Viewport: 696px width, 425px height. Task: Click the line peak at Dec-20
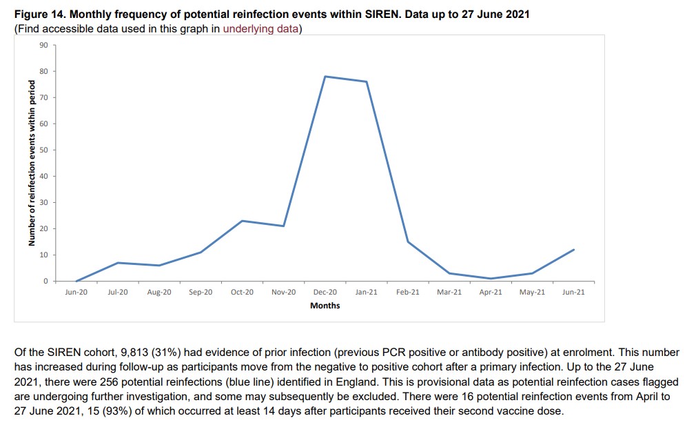pos(325,77)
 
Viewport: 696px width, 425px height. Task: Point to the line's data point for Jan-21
pos(367,81)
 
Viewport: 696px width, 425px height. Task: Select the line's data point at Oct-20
pos(242,221)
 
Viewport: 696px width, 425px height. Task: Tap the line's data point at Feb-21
pos(408,241)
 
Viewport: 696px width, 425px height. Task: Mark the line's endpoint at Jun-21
pos(573,250)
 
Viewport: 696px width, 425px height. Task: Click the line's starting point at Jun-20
pos(76,281)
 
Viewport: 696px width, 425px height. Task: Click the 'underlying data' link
pos(260,29)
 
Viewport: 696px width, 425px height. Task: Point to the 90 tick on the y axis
pos(43,45)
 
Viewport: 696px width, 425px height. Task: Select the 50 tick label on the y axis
pos(43,150)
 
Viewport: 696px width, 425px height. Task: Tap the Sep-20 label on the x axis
pos(201,293)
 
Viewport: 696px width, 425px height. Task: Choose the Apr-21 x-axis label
pos(491,293)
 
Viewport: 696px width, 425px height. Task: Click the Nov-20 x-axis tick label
pos(283,293)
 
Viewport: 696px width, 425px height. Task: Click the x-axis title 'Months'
pos(325,305)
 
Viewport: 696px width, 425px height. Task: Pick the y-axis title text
pos(32,163)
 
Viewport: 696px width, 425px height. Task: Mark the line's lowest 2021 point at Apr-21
pos(491,279)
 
